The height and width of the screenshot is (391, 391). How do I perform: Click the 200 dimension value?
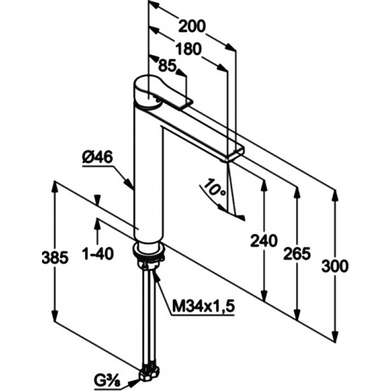192,26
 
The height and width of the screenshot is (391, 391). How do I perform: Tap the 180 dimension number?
188,49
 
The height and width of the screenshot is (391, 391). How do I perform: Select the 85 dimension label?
167,66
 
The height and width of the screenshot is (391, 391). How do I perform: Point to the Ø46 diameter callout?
97,157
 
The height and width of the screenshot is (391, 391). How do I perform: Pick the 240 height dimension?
264,241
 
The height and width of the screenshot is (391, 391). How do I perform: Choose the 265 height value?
297,254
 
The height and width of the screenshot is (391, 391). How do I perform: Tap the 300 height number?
335,266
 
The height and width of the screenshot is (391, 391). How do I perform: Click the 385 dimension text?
55,258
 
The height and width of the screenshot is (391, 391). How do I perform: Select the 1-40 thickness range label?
98,254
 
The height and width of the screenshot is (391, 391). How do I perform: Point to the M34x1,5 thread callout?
204,306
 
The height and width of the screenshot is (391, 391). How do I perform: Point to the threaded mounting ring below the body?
149,251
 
